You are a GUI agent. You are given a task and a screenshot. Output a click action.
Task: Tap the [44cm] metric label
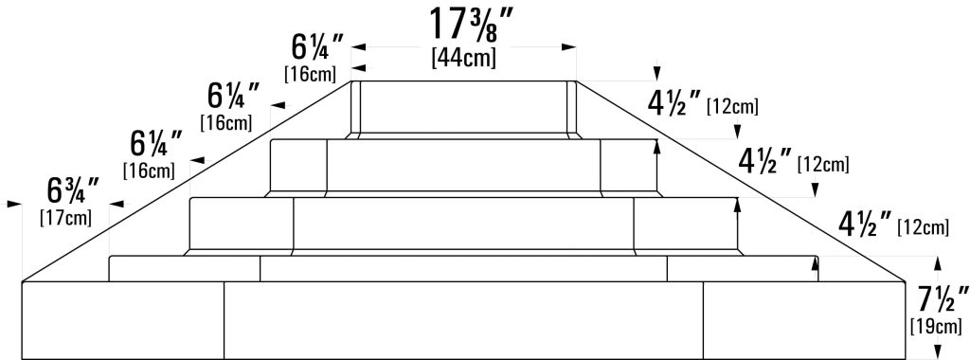[464, 58]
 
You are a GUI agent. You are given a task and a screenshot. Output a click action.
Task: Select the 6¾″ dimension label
[73, 191]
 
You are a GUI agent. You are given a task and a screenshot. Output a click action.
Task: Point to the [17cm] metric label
[65, 218]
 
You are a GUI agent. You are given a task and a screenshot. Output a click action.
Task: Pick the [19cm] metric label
[937, 326]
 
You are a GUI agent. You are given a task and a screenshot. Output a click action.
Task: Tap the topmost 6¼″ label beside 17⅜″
[317, 47]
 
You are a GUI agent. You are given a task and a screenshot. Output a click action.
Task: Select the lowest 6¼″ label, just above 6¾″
[156, 144]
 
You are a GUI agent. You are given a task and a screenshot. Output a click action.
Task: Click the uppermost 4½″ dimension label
[674, 103]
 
